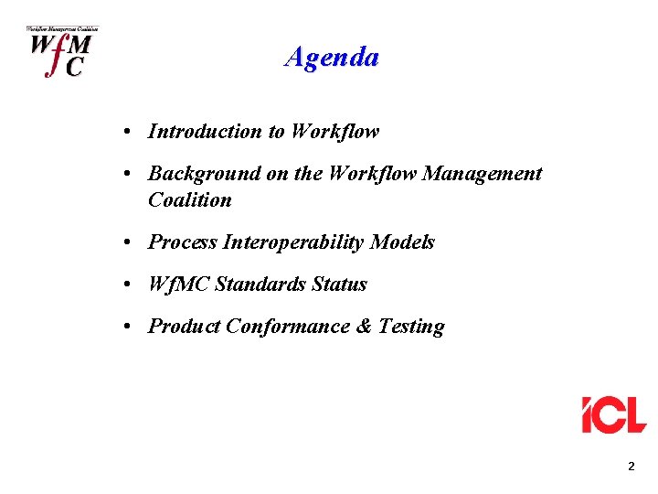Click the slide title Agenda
332,58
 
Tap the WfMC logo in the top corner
59,52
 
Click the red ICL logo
614,414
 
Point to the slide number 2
631,467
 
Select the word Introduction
205,132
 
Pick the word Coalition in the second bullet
190,200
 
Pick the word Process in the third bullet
180,242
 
